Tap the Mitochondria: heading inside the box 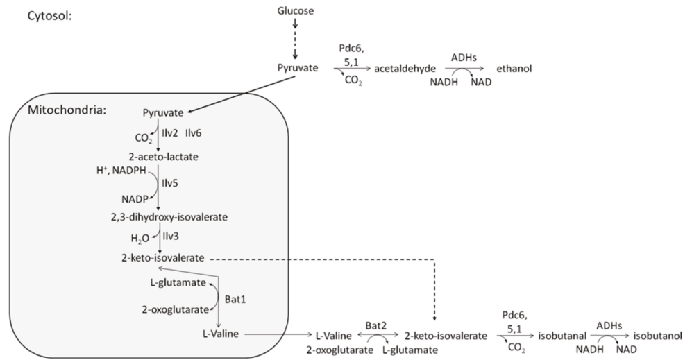tap(62, 110)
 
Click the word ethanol tap(514, 69)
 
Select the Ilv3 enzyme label tap(170, 237)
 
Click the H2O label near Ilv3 tap(141, 238)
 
